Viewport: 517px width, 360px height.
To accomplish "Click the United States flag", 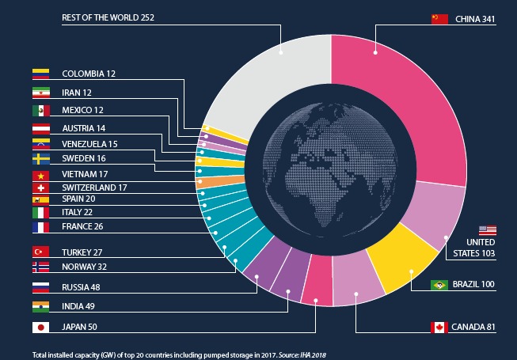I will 488,229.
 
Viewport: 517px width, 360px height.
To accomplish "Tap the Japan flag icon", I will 40,327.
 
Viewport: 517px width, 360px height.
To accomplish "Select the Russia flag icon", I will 40,286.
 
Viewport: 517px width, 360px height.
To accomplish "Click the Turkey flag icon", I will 40,252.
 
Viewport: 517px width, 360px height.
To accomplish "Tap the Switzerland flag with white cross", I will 40,188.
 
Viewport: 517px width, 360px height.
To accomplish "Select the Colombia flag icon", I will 40,74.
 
